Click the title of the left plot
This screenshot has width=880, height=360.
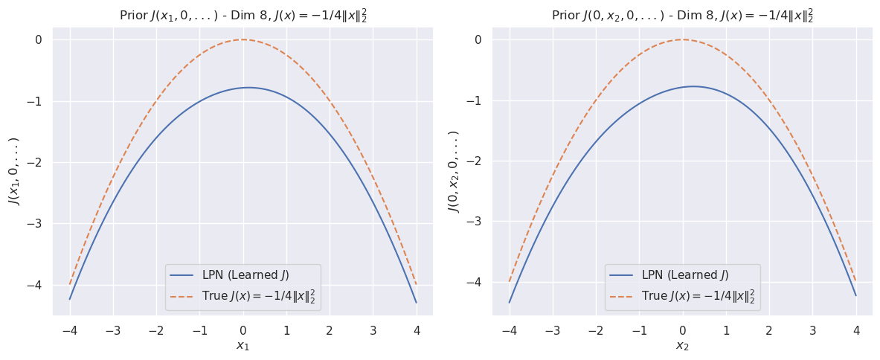(x=243, y=16)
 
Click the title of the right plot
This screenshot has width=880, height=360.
(x=682, y=16)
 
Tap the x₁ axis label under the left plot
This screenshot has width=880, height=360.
(x=243, y=346)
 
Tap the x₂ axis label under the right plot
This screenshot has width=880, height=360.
(x=682, y=346)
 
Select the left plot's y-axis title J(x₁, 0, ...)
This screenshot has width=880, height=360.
(x=13, y=171)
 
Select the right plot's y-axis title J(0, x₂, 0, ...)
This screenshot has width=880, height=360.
(x=453, y=171)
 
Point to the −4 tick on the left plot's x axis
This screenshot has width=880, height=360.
(x=69, y=330)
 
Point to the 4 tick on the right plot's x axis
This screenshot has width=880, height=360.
(x=856, y=330)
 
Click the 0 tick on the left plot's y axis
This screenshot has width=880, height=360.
(x=37, y=39)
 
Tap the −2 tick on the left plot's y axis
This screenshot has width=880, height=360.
(x=34, y=163)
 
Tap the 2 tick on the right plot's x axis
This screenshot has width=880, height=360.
(x=769, y=330)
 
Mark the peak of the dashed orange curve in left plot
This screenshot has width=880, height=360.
(x=243, y=39)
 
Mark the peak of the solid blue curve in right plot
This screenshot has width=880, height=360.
(x=693, y=86)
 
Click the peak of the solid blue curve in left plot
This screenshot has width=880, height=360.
(x=248, y=88)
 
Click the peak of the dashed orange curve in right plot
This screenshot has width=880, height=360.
(x=682, y=39)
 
